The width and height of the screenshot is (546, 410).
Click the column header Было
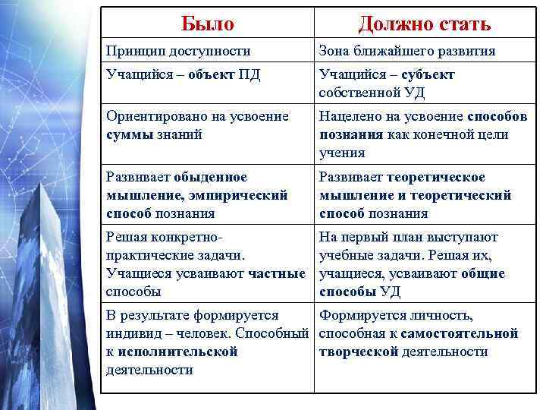pyautogui.click(x=207, y=24)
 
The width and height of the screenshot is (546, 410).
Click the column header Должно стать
pyautogui.click(x=424, y=24)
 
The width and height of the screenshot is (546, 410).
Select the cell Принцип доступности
pyautogui.click(x=179, y=52)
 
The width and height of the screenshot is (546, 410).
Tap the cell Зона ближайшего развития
pyautogui.click(x=406, y=52)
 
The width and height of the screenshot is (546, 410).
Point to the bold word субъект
pyautogui.click(x=426, y=74)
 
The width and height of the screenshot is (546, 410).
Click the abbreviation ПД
pyautogui.click(x=251, y=74)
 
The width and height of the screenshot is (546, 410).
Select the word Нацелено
pyautogui.click(x=350, y=116)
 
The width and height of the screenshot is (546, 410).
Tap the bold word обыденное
pyautogui.click(x=210, y=177)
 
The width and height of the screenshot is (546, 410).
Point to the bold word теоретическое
pyautogui.click(x=436, y=177)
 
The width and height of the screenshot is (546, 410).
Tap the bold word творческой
pyautogui.click(x=359, y=352)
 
